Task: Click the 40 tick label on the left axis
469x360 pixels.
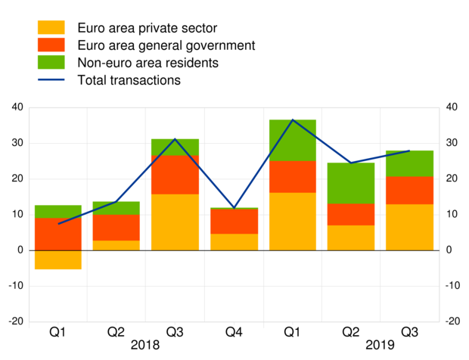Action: pyautogui.click(x=15, y=107)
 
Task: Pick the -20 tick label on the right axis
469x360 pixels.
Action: pyautogui.click(x=452, y=321)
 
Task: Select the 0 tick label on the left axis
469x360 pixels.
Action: pyautogui.click(x=19, y=250)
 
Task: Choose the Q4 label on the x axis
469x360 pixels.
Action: pyautogui.click(x=234, y=332)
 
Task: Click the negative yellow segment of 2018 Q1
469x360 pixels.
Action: pyautogui.click(x=58, y=259)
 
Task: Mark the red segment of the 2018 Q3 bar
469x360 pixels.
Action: pyautogui.click(x=175, y=175)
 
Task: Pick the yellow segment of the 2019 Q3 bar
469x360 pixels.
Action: pyautogui.click(x=409, y=227)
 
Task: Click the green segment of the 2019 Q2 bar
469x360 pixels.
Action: pyautogui.click(x=350, y=183)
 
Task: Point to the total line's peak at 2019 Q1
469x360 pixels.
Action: pyautogui.click(x=292, y=120)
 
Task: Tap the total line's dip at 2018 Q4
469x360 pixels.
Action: pyautogui.click(x=234, y=207)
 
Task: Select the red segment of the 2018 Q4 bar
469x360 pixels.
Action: pyautogui.click(x=234, y=222)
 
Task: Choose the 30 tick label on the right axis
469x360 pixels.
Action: pyautogui.click(x=450, y=143)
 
